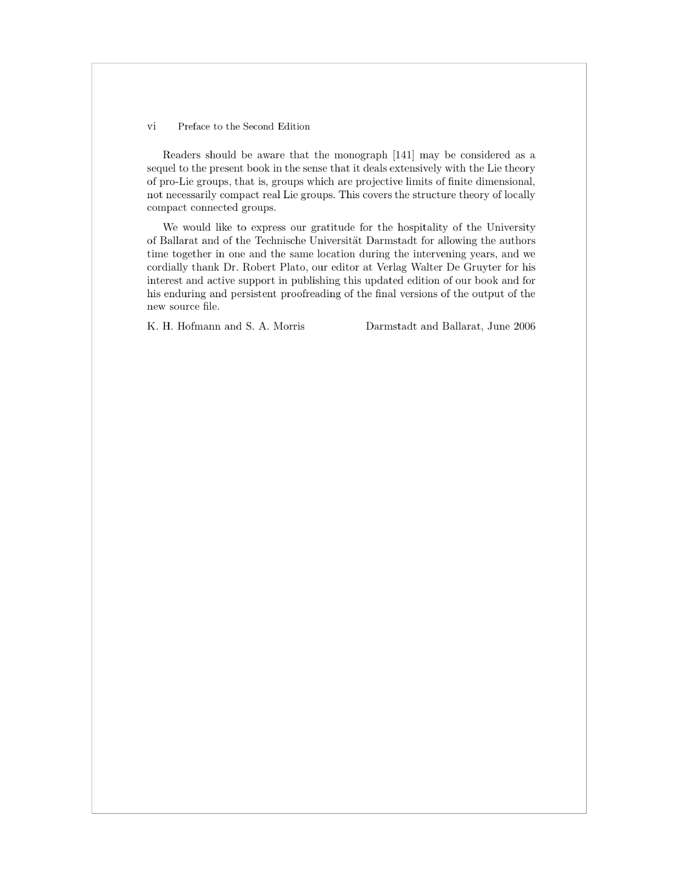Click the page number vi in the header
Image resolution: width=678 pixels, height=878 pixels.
click(152, 127)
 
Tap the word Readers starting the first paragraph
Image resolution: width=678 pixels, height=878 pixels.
click(181, 155)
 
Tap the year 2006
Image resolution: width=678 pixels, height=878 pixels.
click(524, 326)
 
